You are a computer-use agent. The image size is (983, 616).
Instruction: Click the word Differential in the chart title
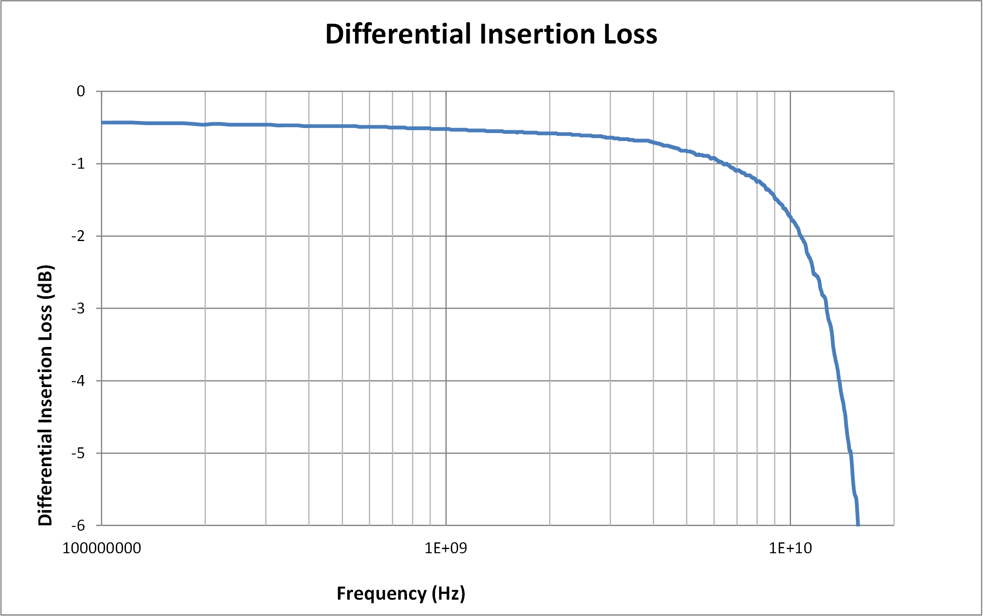[x=399, y=34]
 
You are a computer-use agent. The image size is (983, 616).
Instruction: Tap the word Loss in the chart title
[x=630, y=34]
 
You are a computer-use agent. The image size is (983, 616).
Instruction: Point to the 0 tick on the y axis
[x=81, y=91]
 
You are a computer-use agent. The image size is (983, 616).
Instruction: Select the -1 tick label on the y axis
[x=78, y=164]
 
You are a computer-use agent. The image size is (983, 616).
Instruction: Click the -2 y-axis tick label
[x=78, y=236]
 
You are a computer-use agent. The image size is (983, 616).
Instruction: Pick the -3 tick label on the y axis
[x=78, y=308]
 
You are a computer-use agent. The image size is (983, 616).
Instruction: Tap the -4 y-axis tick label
[x=78, y=381]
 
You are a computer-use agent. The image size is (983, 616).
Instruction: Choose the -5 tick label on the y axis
[x=78, y=453]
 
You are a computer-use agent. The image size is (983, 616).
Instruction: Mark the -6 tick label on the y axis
[x=78, y=526]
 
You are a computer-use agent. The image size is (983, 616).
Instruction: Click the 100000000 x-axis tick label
[x=102, y=548]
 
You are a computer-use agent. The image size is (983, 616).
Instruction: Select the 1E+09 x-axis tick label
[x=446, y=548]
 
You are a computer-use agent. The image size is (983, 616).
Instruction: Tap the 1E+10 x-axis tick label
[x=790, y=548]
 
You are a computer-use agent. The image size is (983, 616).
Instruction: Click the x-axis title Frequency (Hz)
[x=401, y=593]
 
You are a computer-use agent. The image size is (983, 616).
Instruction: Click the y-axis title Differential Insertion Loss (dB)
[x=45, y=395]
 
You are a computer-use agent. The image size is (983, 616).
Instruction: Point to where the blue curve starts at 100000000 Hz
[x=102, y=123]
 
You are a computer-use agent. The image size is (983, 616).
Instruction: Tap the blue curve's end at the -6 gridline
[x=858, y=524]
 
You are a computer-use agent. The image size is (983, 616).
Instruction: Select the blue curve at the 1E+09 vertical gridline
[x=446, y=129]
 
